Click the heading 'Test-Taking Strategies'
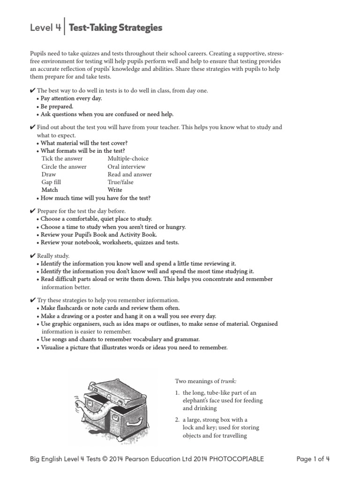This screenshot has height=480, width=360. point(115,28)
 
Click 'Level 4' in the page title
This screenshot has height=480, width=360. point(45,28)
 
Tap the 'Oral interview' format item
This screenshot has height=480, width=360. point(126,166)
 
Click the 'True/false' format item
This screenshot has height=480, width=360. point(120,182)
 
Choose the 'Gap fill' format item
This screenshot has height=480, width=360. point(51,182)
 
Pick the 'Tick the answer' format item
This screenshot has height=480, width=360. point(62,158)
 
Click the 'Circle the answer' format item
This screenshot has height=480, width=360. point(64,166)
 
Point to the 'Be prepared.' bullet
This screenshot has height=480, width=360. point(57,106)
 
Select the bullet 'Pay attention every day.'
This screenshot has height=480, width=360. point(71,98)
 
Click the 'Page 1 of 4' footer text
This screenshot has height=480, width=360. point(313,459)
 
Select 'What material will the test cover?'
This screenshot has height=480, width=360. point(84,142)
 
